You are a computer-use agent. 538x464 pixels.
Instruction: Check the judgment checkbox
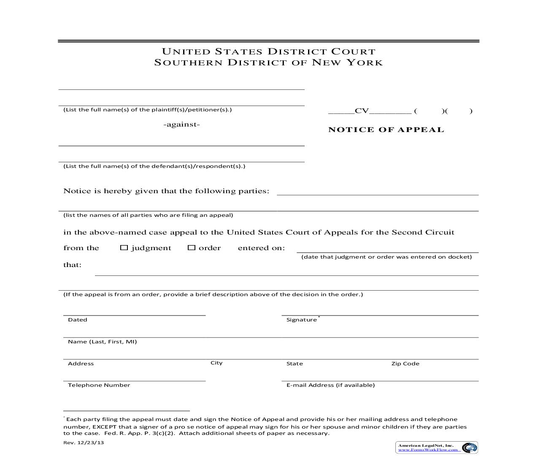point(124,248)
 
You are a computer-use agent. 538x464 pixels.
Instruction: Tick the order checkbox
point(191,248)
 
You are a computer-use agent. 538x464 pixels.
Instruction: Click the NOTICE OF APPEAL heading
point(386,130)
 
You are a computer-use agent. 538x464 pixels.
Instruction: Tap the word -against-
point(181,124)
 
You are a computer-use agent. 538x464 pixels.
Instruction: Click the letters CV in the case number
point(362,111)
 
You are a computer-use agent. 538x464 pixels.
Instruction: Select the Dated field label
point(78,320)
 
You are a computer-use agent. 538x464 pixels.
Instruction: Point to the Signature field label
point(301,320)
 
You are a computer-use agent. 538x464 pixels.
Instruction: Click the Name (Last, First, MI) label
point(102,342)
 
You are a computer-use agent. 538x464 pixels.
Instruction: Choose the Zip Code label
point(405,364)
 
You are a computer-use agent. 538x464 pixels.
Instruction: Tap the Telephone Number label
point(99,385)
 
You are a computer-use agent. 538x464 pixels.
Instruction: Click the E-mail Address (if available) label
point(330,385)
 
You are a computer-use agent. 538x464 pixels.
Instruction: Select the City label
point(216,363)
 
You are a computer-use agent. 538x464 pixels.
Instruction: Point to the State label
point(295,364)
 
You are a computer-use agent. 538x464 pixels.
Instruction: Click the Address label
point(81,364)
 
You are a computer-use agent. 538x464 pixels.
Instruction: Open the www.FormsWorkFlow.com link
point(428,450)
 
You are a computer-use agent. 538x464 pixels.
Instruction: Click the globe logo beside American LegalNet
point(469,448)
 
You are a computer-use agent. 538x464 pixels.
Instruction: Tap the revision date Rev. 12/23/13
point(84,442)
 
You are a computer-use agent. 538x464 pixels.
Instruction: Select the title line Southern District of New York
point(268,63)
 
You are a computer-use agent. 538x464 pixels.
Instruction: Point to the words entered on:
point(261,248)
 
